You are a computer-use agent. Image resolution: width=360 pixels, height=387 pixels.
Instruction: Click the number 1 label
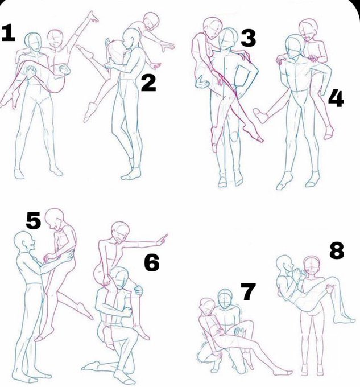click(x=8, y=33)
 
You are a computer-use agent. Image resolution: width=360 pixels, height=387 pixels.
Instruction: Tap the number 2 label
click(x=148, y=84)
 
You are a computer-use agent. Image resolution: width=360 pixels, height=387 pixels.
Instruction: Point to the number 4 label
click(x=336, y=98)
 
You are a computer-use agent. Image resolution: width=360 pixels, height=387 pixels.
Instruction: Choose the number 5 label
click(x=34, y=221)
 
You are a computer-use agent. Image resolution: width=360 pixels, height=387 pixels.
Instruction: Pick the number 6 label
click(x=152, y=264)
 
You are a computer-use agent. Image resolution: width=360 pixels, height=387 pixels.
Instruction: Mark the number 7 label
click(x=248, y=292)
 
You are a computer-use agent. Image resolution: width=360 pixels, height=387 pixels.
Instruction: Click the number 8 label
click(x=337, y=250)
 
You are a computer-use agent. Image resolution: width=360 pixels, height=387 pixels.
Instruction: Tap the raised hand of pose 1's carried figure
click(x=93, y=17)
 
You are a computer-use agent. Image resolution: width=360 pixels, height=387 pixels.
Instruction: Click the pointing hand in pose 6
click(x=162, y=240)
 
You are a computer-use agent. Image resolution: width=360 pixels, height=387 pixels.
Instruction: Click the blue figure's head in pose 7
click(x=225, y=299)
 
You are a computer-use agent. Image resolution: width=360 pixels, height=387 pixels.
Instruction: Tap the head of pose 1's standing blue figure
click(x=33, y=43)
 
